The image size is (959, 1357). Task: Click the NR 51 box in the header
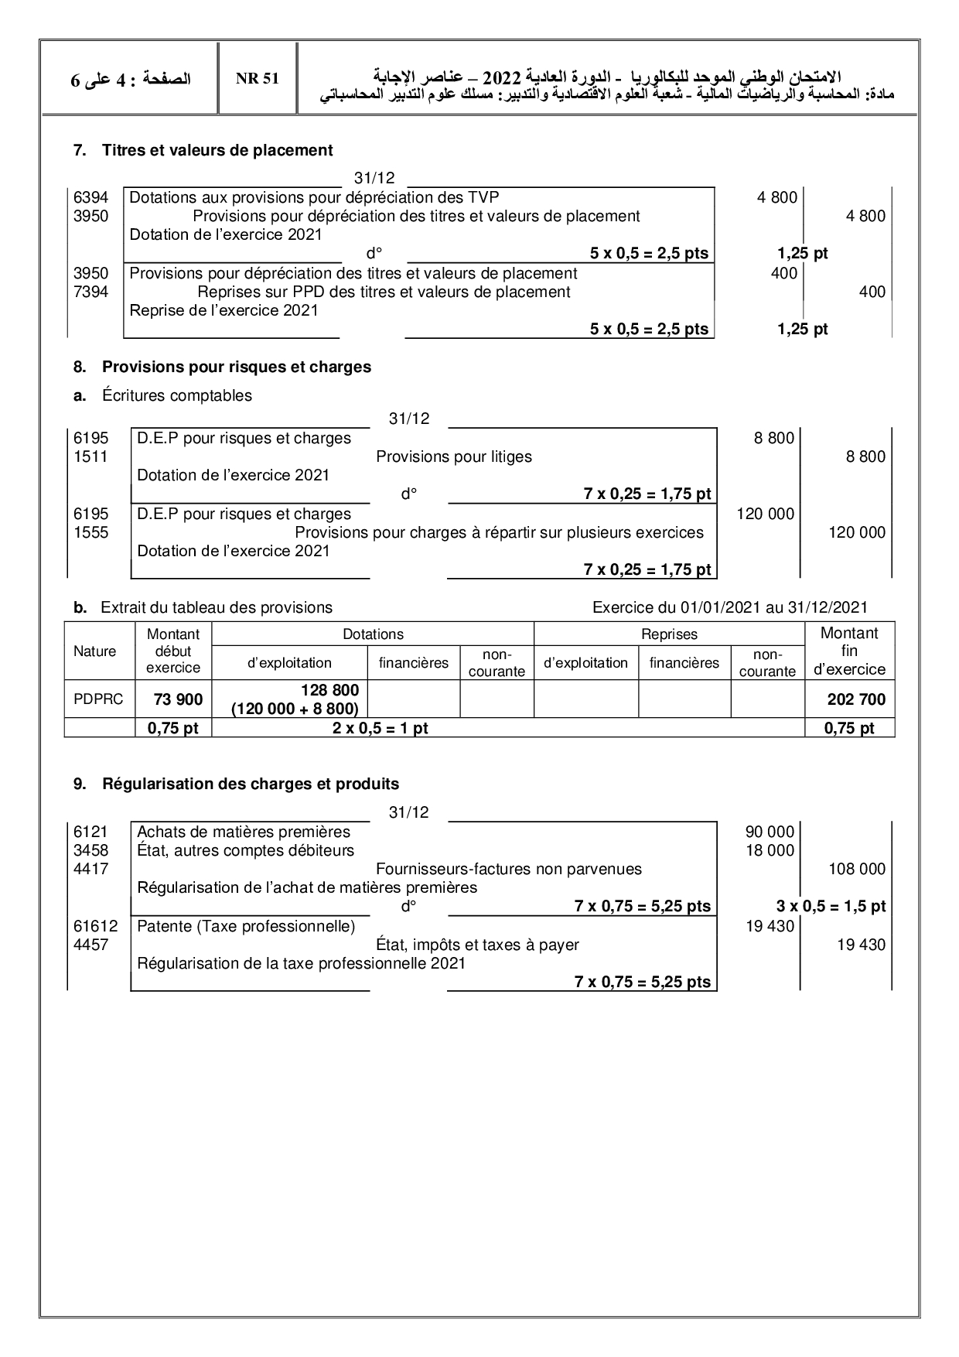(258, 79)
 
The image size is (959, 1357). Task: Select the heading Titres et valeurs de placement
(217, 150)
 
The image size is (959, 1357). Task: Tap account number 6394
(90, 197)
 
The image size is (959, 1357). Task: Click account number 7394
(90, 292)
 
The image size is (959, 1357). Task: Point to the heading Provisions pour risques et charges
(237, 367)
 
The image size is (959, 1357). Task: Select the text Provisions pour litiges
(454, 456)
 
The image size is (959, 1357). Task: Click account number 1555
(90, 532)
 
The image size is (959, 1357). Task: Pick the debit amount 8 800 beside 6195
(774, 438)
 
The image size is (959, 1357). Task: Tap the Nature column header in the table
(94, 651)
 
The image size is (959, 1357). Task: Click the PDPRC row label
(94, 699)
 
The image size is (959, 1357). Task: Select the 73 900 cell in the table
(178, 699)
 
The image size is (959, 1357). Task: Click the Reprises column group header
(669, 634)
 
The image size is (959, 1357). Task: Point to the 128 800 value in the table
(329, 690)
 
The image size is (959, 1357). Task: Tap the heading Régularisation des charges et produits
(251, 784)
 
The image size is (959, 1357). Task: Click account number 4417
(90, 869)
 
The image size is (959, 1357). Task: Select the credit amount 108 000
(857, 869)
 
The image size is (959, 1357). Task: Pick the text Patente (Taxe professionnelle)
(246, 926)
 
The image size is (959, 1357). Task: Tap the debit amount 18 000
(770, 850)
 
